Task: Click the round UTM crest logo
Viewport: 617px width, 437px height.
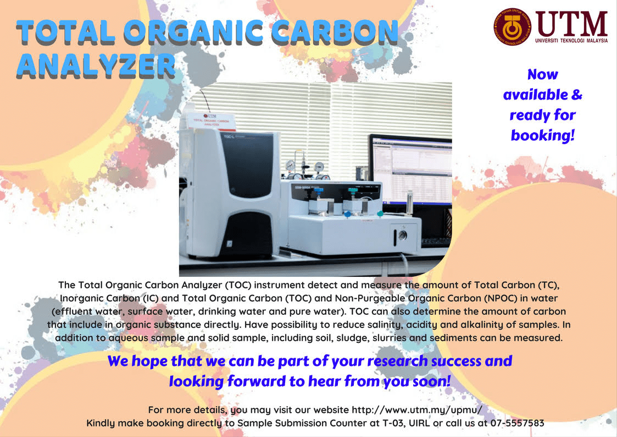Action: [x=512, y=26]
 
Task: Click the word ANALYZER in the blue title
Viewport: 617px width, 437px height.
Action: [x=96, y=65]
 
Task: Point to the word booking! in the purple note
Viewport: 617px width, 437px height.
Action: [x=542, y=135]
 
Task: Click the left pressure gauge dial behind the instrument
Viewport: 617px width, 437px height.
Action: [x=290, y=166]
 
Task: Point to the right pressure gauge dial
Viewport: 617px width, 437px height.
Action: [x=319, y=166]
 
